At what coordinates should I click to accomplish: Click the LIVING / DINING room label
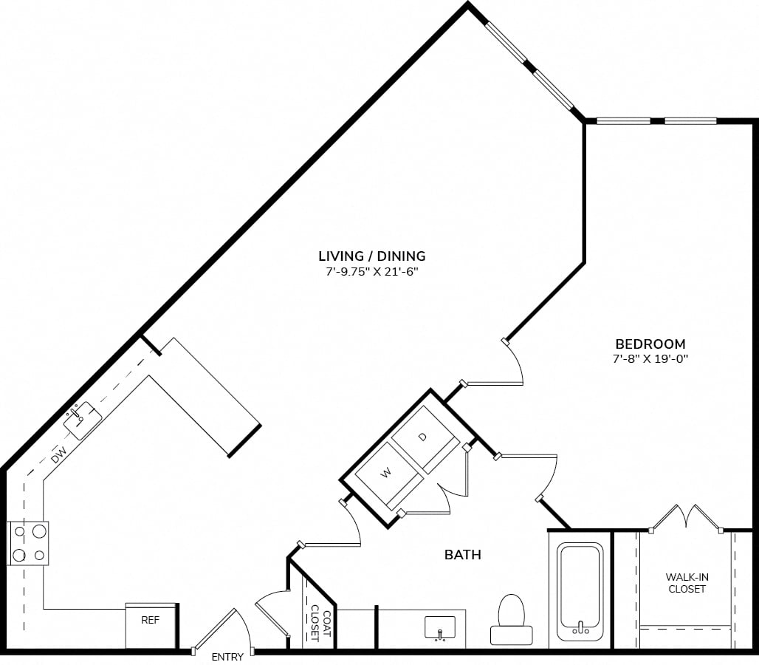(371, 256)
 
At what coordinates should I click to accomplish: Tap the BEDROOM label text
(650, 344)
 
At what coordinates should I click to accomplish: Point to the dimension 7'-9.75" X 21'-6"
(371, 272)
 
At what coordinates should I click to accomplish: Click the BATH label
(463, 554)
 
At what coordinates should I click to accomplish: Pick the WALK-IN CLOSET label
(686, 582)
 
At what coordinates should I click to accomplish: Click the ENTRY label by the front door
(227, 657)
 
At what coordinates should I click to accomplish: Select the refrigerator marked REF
(151, 624)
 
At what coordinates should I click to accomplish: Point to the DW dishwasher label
(60, 454)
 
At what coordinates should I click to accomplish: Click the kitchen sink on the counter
(82, 420)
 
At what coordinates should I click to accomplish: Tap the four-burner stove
(27, 543)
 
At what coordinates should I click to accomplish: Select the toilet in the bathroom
(511, 619)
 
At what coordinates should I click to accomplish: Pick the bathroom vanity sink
(444, 628)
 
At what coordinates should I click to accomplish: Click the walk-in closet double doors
(686, 517)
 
